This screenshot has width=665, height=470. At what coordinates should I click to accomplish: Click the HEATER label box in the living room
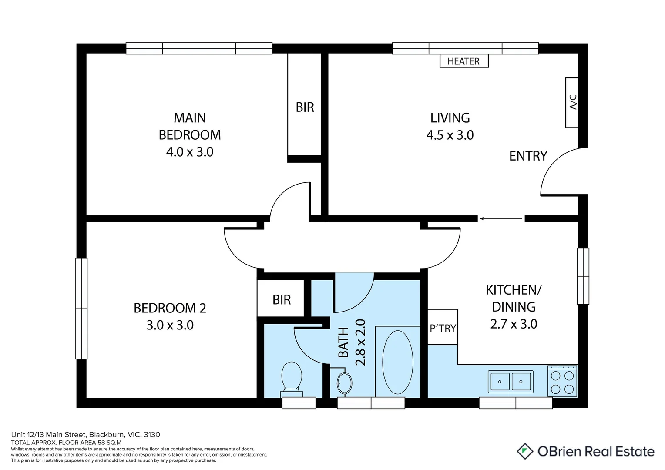tap(463, 61)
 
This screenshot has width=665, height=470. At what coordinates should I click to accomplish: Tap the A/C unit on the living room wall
tap(572, 103)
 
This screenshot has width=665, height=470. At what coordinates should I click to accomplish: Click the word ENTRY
tap(528, 156)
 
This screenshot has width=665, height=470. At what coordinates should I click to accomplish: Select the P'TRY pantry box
tap(443, 327)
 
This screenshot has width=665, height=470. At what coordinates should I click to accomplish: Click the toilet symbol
tap(292, 377)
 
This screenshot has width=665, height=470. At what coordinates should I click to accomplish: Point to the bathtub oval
tap(397, 363)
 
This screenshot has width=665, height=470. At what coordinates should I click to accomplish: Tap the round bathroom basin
tap(345, 383)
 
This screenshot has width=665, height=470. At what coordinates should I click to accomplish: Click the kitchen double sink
tap(511, 382)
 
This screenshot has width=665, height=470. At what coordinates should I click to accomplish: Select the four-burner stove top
tap(562, 382)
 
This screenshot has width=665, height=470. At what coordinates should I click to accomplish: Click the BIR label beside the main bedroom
tap(305, 107)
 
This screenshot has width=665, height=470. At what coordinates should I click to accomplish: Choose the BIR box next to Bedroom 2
tap(281, 299)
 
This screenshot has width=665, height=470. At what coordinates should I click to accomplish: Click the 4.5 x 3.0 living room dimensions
tap(450, 135)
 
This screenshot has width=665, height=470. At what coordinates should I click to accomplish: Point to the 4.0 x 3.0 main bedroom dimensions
tap(190, 152)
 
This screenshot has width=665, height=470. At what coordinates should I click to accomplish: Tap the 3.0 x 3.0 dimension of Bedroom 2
tap(170, 325)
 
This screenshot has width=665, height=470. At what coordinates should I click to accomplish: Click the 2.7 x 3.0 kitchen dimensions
tap(514, 324)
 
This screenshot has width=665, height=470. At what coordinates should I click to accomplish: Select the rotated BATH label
tap(343, 342)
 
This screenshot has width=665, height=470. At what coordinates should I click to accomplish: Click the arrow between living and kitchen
tap(500, 218)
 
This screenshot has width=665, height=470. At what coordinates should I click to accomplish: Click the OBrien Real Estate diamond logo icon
tap(525, 451)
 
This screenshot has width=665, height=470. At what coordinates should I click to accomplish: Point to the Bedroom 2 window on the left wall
tap(81, 309)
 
